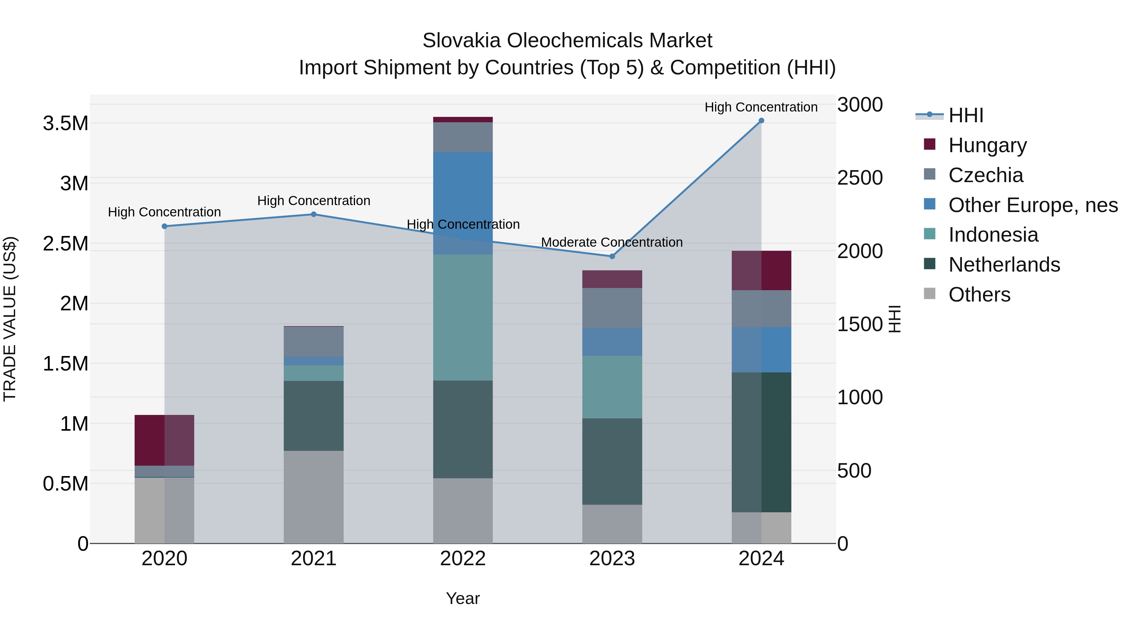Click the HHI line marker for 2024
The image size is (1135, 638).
coord(761,121)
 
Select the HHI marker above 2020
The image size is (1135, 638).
coord(164,226)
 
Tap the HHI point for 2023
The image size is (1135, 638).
coord(612,256)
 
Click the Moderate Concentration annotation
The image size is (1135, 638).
coord(612,242)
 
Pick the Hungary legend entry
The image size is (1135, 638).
coord(987,145)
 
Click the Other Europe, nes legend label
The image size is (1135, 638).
coord(1033,205)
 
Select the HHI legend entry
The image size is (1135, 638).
coord(965,115)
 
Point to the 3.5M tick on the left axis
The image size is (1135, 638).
coord(65,123)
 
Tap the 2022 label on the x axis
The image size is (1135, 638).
coord(463,559)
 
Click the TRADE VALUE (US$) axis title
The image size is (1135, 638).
coord(10,319)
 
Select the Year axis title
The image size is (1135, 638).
coord(463,598)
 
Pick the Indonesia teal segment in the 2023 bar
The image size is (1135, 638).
coord(612,387)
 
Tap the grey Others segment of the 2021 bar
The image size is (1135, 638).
coord(313,497)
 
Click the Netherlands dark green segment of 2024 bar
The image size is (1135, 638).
coord(761,442)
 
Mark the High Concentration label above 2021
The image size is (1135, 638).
coord(313,201)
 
